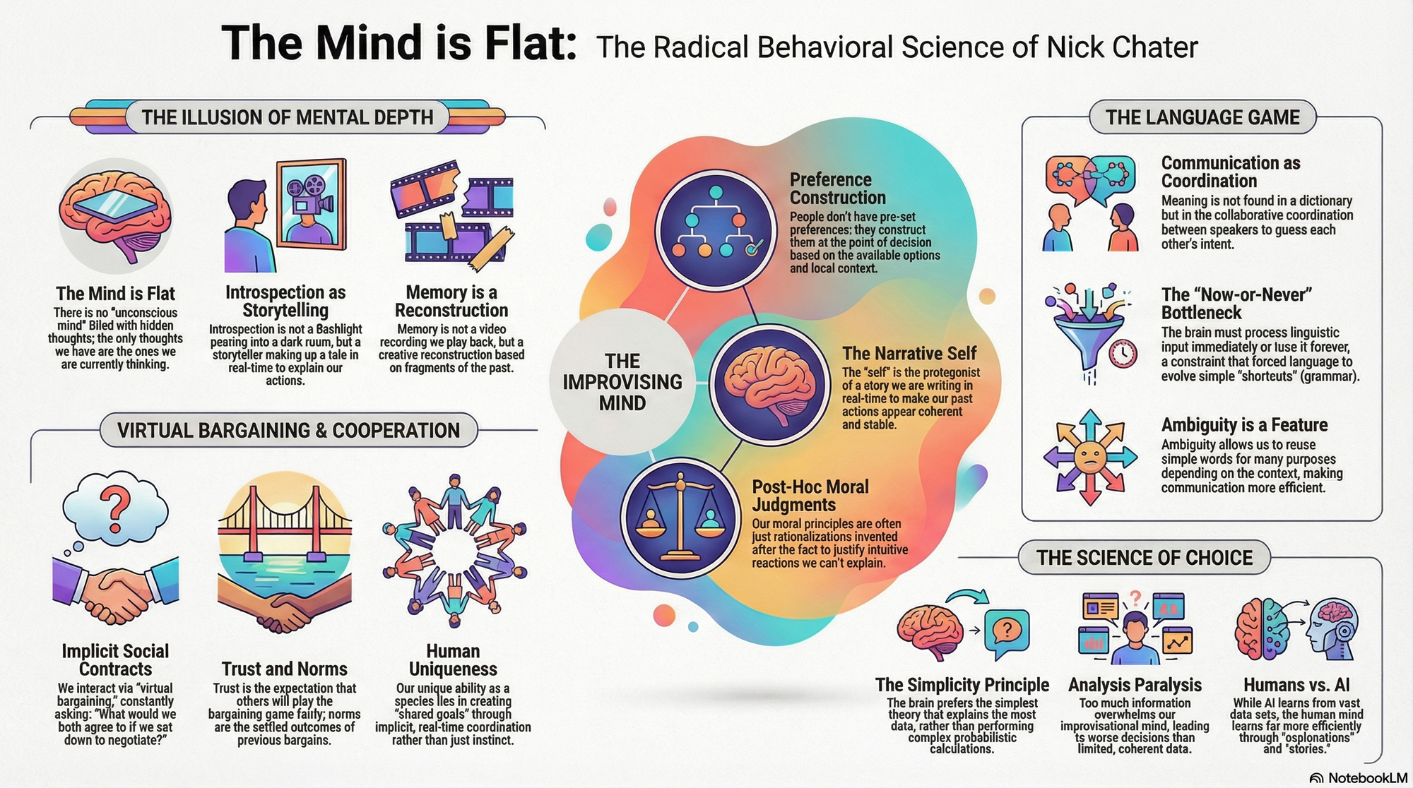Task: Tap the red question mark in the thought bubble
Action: [115, 506]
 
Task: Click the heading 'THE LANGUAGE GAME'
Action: [1202, 117]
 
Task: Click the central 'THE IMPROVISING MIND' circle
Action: [622, 382]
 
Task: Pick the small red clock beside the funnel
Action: [1123, 353]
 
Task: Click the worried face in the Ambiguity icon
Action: [1089, 457]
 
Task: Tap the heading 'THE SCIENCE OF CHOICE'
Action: [1145, 558]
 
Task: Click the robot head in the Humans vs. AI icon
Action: [1332, 628]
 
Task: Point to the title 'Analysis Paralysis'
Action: [1135, 685]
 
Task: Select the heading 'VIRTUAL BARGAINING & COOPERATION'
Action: [288, 431]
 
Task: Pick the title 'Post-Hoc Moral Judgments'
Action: [810, 496]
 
